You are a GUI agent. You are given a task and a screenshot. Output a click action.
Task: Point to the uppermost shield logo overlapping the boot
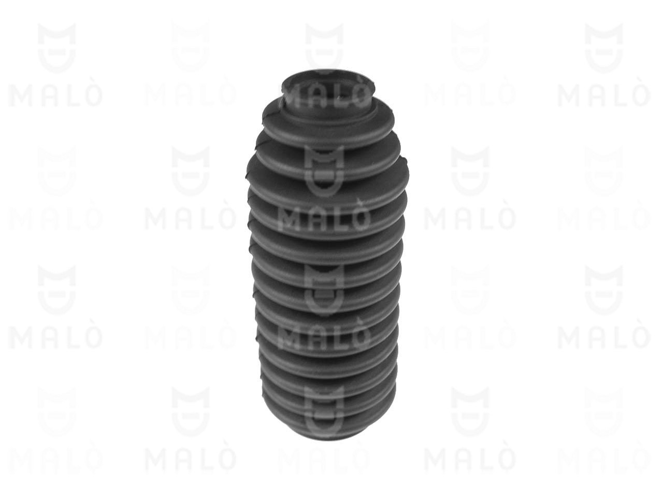324,171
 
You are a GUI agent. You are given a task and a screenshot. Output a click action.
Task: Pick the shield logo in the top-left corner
57,48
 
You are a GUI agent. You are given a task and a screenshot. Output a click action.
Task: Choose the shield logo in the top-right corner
604,48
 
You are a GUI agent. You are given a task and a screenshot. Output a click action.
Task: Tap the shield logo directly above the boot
324,48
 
